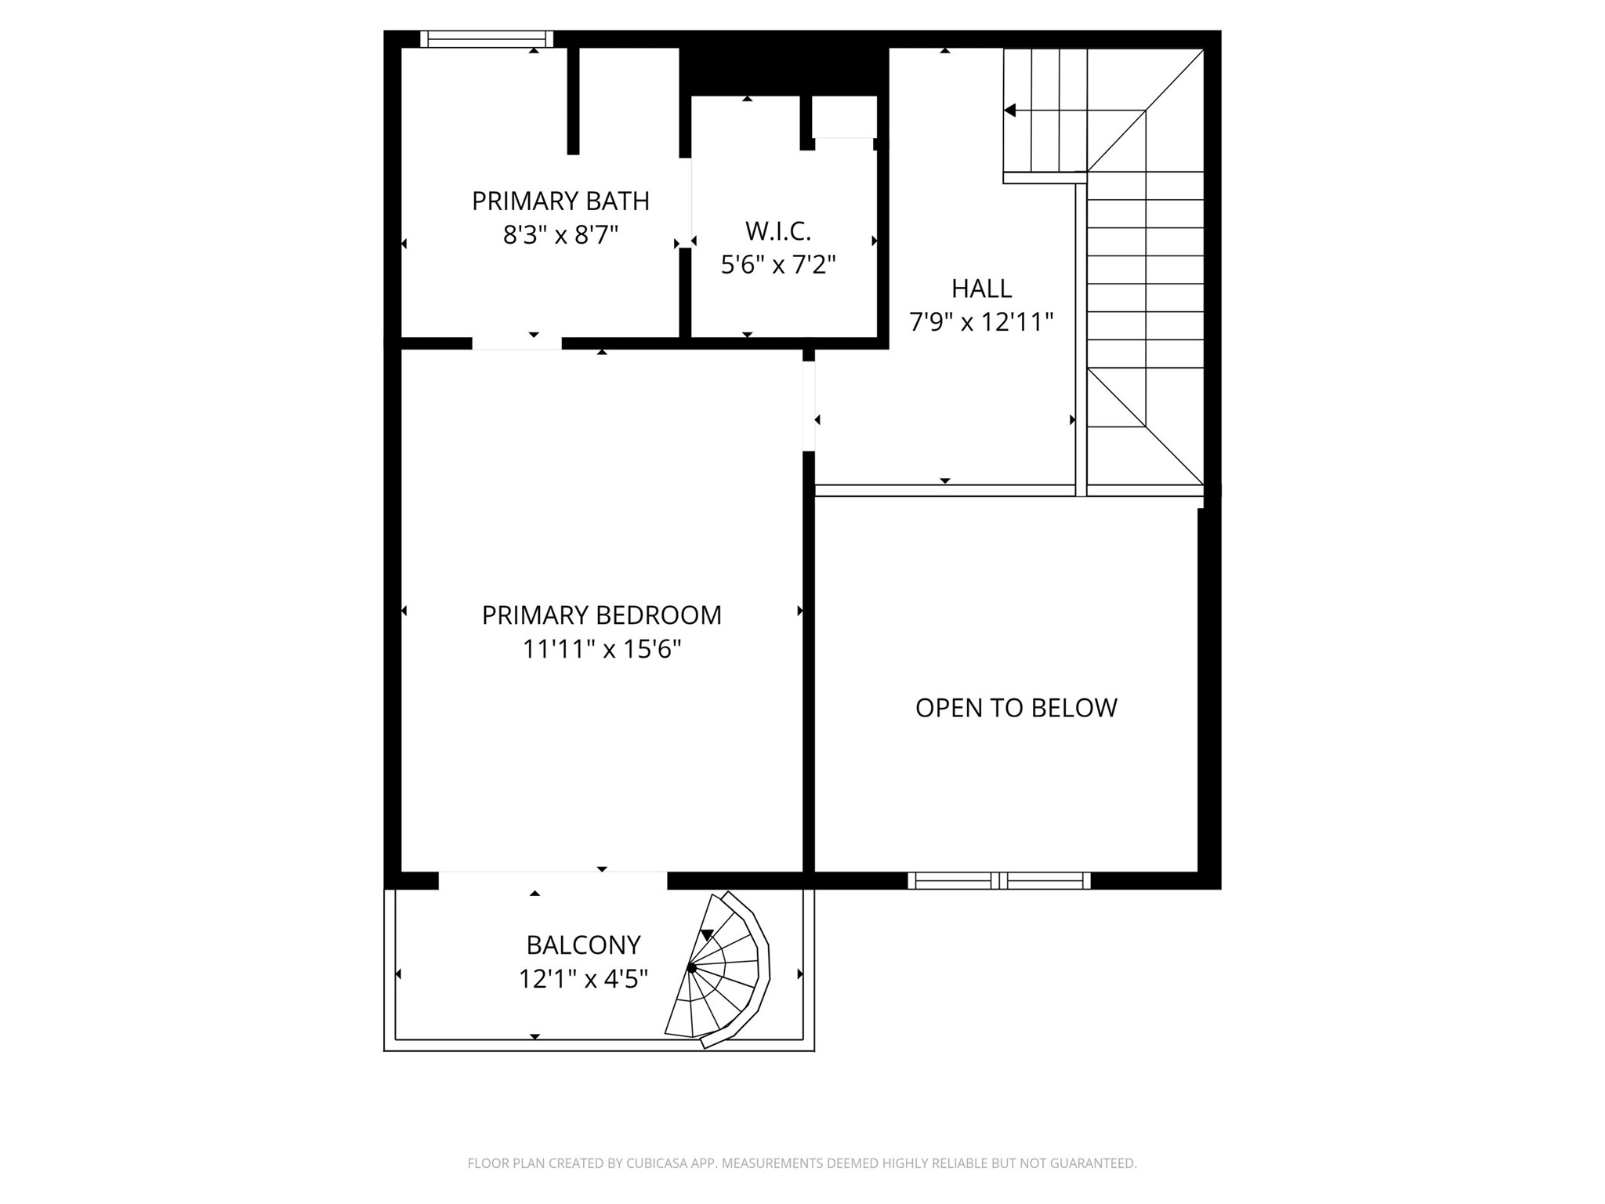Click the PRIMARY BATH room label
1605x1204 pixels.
click(x=560, y=201)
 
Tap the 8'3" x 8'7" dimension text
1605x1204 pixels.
click(x=560, y=235)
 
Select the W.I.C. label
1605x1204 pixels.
click(x=777, y=231)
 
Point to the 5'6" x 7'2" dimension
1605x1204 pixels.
click(x=778, y=265)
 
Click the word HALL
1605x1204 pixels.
click(x=981, y=288)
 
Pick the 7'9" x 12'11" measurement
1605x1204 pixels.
click(x=981, y=322)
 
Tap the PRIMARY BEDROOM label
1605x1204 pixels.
click(x=601, y=615)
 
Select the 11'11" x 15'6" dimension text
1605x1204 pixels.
click(x=601, y=649)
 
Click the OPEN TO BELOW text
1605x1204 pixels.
click(x=1016, y=708)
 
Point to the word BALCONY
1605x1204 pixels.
click(x=583, y=945)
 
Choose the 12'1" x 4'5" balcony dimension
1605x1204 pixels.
click(x=583, y=979)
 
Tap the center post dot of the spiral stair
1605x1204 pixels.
click(x=691, y=969)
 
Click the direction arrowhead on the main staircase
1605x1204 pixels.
click(x=1010, y=111)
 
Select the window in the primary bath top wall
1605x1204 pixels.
click(x=487, y=39)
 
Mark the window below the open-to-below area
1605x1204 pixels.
click(x=999, y=880)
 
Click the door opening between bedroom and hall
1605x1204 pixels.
click(x=809, y=406)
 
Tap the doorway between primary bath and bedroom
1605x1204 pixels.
click(x=516, y=343)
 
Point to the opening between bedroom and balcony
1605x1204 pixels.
click(x=553, y=879)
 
